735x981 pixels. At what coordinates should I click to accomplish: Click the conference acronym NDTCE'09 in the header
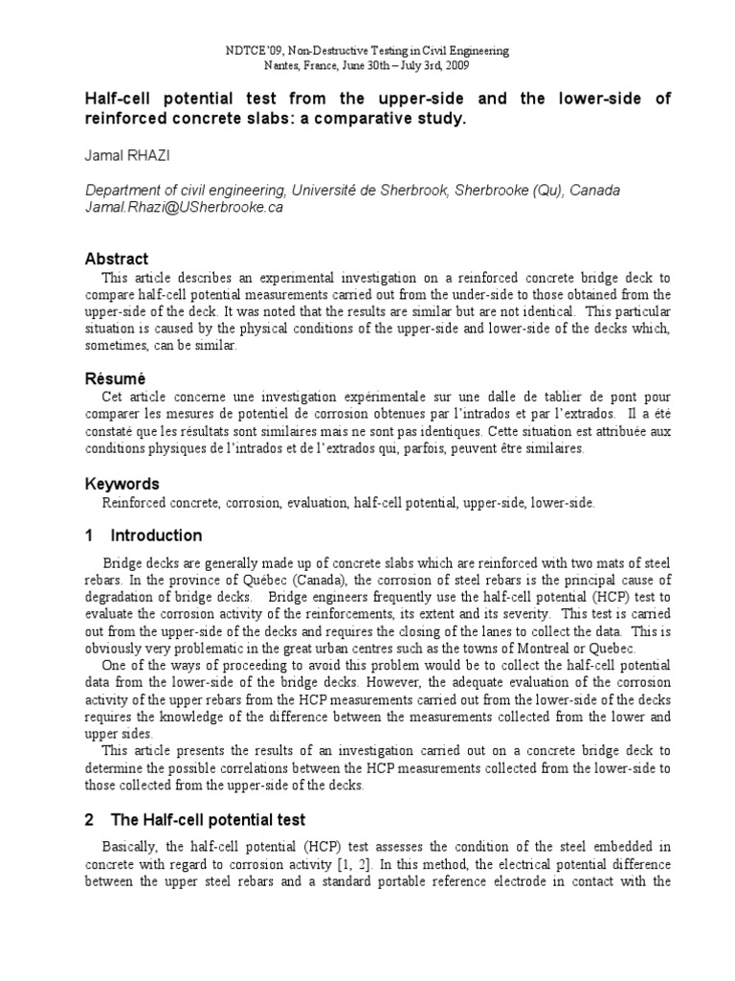(251, 49)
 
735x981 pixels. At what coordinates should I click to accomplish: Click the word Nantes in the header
(282, 65)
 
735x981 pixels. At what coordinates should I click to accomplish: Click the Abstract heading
(117, 259)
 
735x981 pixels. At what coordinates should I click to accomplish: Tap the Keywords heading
(122, 484)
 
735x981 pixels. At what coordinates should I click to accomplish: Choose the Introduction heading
(156, 536)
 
